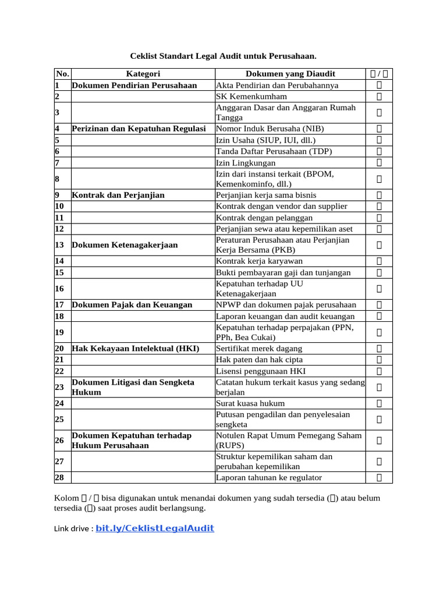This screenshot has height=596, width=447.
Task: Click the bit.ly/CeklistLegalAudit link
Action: click(x=155, y=528)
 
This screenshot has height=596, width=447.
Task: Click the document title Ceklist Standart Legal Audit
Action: click(x=223, y=56)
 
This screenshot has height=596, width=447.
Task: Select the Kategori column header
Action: click(x=143, y=74)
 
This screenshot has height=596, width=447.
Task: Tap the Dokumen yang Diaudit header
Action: click(x=290, y=74)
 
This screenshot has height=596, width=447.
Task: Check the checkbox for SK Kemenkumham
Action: click(x=379, y=96)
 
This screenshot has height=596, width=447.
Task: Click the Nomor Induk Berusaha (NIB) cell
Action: click(x=270, y=129)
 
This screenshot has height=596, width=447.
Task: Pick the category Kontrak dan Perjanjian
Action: click(x=118, y=195)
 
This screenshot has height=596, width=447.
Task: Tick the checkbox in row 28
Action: click(x=379, y=478)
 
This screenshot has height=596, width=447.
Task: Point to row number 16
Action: click(x=59, y=289)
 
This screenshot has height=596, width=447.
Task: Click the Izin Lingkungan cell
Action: click(x=246, y=163)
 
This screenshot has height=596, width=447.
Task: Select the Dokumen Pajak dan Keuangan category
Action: click(x=132, y=304)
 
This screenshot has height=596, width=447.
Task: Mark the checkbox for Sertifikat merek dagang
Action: click(x=379, y=349)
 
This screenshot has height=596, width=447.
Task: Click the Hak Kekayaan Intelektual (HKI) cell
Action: click(x=136, y=349)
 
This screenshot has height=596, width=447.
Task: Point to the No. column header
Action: click(x=62, y=74)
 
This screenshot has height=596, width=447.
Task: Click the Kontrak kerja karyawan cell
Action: click(x=259, y=261)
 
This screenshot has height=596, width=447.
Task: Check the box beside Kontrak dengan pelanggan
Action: click(x=379, y=217)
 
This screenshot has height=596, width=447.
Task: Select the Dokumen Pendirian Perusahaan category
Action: click(x=134, y=85)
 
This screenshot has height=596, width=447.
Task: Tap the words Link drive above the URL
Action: click(x=72, y=529)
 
